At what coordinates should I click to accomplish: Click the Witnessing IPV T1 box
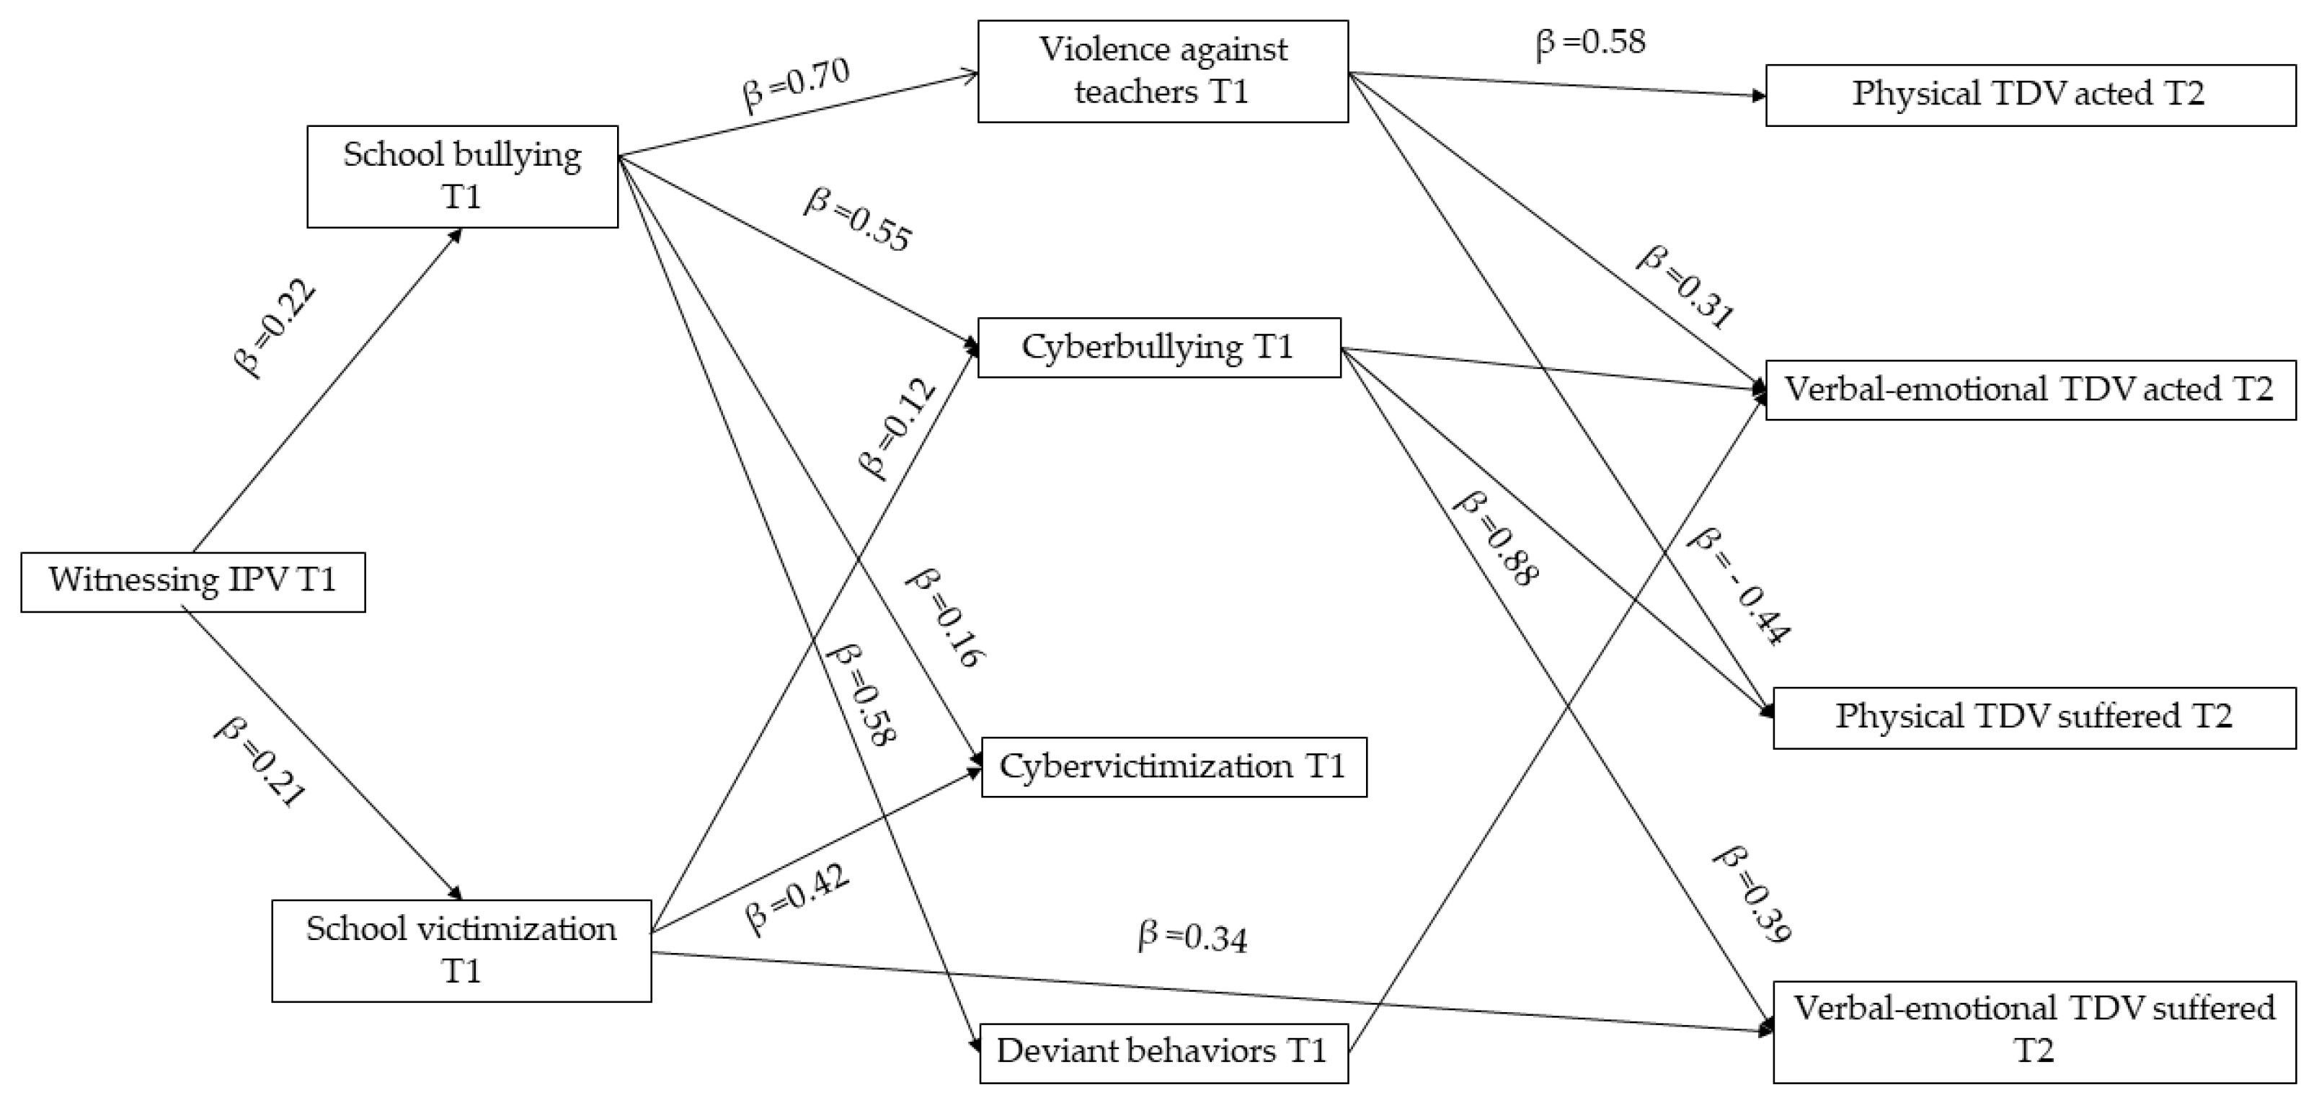[192, 582]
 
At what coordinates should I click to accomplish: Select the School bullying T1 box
[462, 177]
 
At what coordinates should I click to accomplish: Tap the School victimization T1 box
[461, 951]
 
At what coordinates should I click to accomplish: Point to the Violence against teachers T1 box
[1162, 71]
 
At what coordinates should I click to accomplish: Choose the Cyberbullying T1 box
[1158, 347]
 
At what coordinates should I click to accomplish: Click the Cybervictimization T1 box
[1173, 767]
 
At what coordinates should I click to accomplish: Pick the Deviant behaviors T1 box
[1162, 1053]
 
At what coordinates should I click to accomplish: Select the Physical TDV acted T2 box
[2030, 94]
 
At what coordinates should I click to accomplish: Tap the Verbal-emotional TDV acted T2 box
[2030, 390]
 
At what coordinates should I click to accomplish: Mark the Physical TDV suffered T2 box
[2034, 717]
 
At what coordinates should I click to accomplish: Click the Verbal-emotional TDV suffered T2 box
[2034, 1031]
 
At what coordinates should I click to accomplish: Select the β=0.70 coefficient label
[797, 87]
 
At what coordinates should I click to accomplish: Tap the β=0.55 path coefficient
[858, 221]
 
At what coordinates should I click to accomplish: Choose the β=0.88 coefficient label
[1495, 539]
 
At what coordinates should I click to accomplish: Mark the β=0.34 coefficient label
[1193, 937]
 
